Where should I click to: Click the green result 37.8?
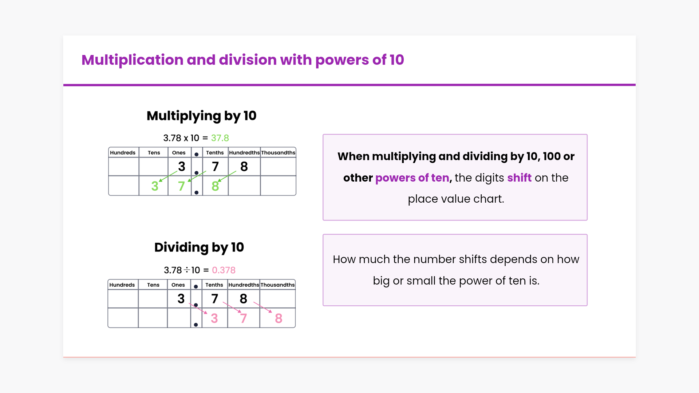point(220,138)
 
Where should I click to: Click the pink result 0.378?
point(224,270)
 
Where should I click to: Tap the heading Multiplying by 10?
point(201,116)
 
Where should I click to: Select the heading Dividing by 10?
point(199,248)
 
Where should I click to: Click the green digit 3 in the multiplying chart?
point(155,186)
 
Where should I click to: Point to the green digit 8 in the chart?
point(215,186)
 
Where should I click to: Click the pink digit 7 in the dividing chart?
point(244,318)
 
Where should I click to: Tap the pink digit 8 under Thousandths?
point(279,318)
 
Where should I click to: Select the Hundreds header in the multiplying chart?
point(123,153)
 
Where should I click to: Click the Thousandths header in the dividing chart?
point(277,285)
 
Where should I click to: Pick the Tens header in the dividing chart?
point(153,285)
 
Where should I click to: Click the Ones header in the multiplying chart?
point(179,153)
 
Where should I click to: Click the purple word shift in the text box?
point(520,178)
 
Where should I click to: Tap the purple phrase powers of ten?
point(412,178)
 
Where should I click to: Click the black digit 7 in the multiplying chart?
point(216,167)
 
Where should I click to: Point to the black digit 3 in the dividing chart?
point(181,299)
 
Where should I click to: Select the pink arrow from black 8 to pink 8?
point(262,307)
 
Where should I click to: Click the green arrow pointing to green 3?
point(168,176)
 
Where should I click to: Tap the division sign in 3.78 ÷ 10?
point(187,270)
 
